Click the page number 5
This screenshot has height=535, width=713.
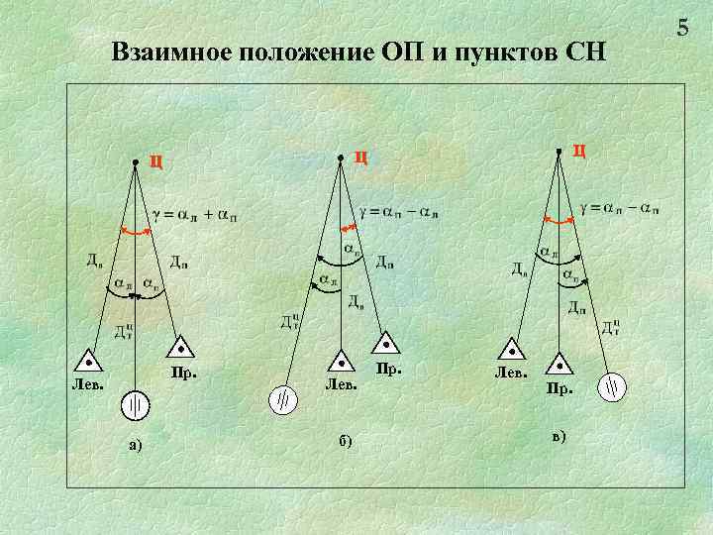pyautogui.click(x=682, y=28)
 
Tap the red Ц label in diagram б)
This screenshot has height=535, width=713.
pyautogui.click(x=361, y=156)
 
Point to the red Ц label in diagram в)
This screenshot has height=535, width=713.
pyautogui.click(x=579, y=151)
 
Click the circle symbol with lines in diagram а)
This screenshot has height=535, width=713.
pyautogui.click(x=135, y=405)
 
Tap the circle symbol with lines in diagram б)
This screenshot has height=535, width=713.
pyautogui.click(x=282, y=399)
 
